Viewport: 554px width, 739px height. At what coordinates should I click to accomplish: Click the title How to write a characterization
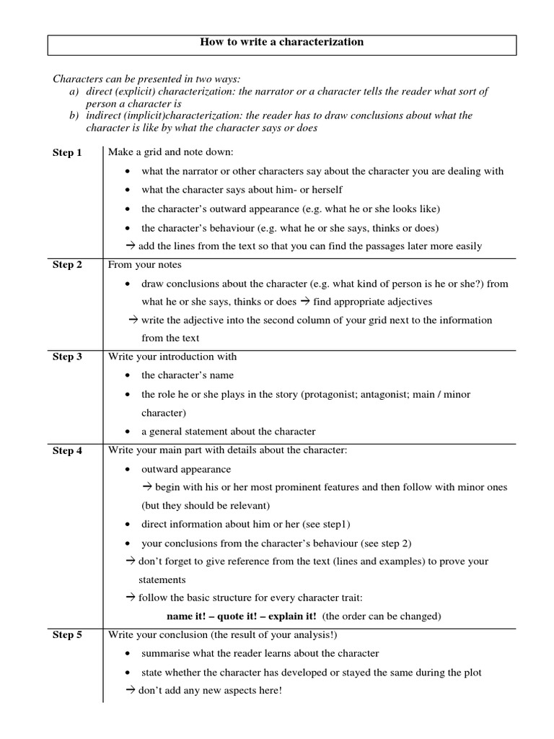pyautogui.click(x=281, y=43)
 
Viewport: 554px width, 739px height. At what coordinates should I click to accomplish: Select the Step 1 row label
pyautogui.click(x=67, y=153)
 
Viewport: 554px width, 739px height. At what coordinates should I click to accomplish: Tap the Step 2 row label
pyautogui.click(x=67, y=265)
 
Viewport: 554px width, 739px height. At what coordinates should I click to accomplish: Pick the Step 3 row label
pyautogui.click(x=67, y=357)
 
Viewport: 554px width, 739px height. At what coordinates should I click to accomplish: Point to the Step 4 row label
pyautogui.click(x=67, y=451)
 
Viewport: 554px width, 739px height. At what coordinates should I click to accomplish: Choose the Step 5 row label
pyautogui.click(x=67, y=635)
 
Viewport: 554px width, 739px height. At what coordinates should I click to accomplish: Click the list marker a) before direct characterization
pyautogui.click(x=74, y=92)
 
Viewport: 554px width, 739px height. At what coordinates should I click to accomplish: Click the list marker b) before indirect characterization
pyautogui.click(x=74, y=115)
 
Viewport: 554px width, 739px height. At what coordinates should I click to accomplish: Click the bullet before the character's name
pyautogui.click(x=127, y=376)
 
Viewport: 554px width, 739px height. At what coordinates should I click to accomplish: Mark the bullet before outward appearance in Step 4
pyautogui.click(x=127, y=470)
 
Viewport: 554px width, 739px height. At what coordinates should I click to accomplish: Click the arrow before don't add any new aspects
pyautogui.click(x=131, y=691)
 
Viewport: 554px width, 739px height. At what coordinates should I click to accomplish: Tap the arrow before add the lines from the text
pyautogui.click(x=131, y=246)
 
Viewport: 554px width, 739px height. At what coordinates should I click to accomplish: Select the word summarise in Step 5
pyautogui.click(x=167, y=654)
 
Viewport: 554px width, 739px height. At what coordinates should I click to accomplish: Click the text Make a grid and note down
pyautogui.click(x=171, y=153)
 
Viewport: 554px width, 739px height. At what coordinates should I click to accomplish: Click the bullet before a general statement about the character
pyautogui.click(x=127, y=432)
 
